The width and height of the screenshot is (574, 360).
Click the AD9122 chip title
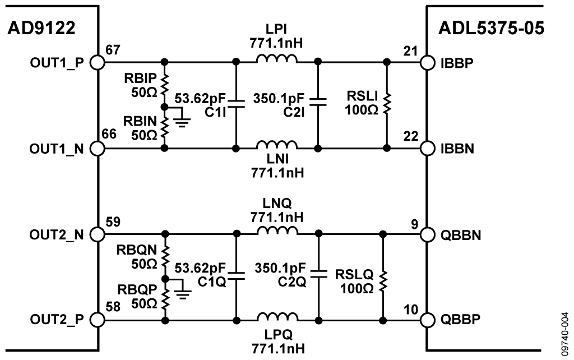(x=40, y=29)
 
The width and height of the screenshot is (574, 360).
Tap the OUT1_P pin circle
(x=98, y=62)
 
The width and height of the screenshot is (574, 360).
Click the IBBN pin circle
(x=427, y=149)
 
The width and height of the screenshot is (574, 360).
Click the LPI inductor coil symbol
(x=277, y=59)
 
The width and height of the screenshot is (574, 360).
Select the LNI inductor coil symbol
(x=277, y=146)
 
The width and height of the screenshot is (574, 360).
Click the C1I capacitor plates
(x=236, y=104)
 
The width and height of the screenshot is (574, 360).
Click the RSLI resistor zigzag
(x=387, y=104)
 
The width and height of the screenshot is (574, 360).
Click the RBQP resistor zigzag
(x=164, y=298)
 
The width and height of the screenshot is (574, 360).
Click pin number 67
(x=113, y=50)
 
